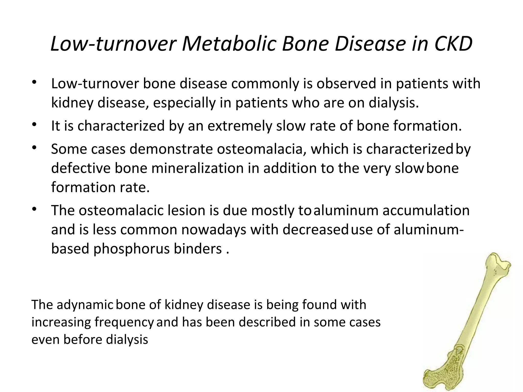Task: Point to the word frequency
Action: click(124, 322)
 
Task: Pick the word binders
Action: click(198, 249)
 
